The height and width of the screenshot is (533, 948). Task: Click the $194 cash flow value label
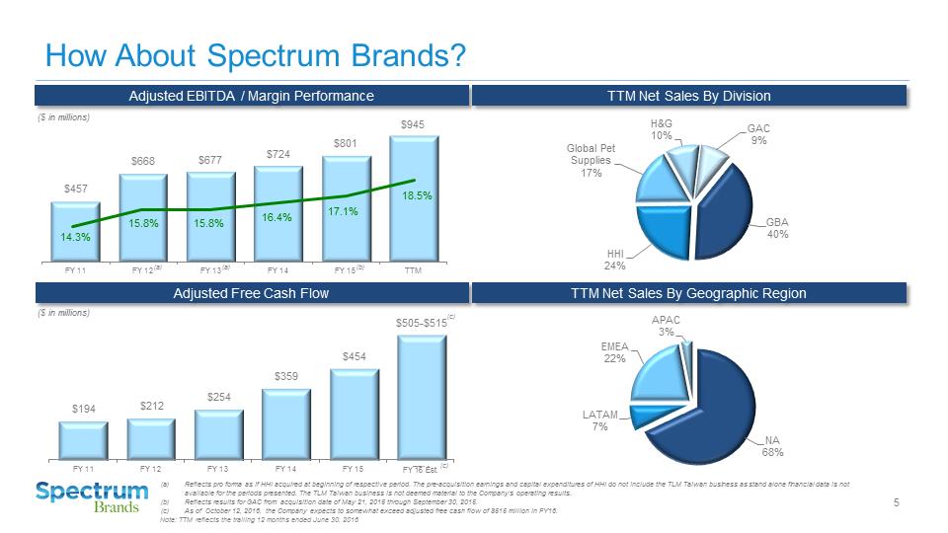(x=83, y=408)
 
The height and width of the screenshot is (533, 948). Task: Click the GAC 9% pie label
(x=758, y=134)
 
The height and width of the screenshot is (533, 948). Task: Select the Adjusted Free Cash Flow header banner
(x=251, y=293)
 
